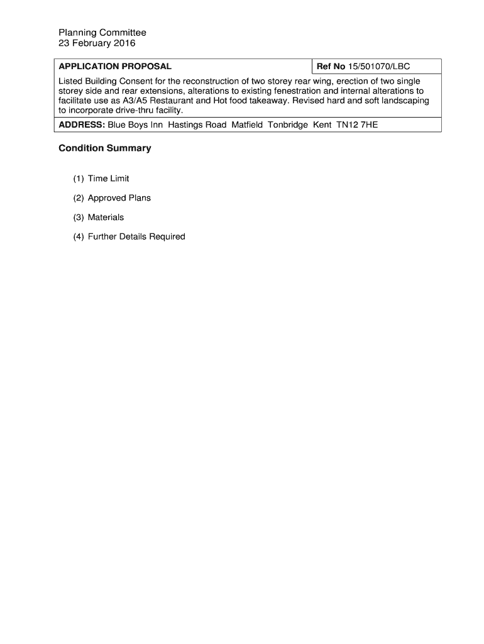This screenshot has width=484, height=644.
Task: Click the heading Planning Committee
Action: (x=102, y=33)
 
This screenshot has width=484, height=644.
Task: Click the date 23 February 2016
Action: (x=97, y=44)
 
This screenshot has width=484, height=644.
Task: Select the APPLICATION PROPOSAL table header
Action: (x=115, y=66)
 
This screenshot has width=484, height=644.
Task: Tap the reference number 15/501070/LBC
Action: (x=379, y=66)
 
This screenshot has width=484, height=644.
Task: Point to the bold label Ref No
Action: (x=331, y=66)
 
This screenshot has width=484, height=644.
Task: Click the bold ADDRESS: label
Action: (x=82, y=125)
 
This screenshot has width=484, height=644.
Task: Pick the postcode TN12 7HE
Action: (x=357, y=125)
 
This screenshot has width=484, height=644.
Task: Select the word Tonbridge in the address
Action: (x=288, y=125)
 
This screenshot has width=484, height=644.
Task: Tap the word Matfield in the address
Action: (x=247, y=125)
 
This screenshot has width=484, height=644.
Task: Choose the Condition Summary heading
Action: (x=105, y=148)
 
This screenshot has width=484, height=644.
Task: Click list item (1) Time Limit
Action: (x=101, y=179)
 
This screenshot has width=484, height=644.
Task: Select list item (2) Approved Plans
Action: (x=112, y=198)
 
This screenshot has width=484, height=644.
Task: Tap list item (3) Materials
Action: (x=99, y=218)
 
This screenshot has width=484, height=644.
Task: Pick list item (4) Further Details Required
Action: (x=129, y=237)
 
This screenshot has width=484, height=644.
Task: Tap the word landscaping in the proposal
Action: (x=403, y=101)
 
